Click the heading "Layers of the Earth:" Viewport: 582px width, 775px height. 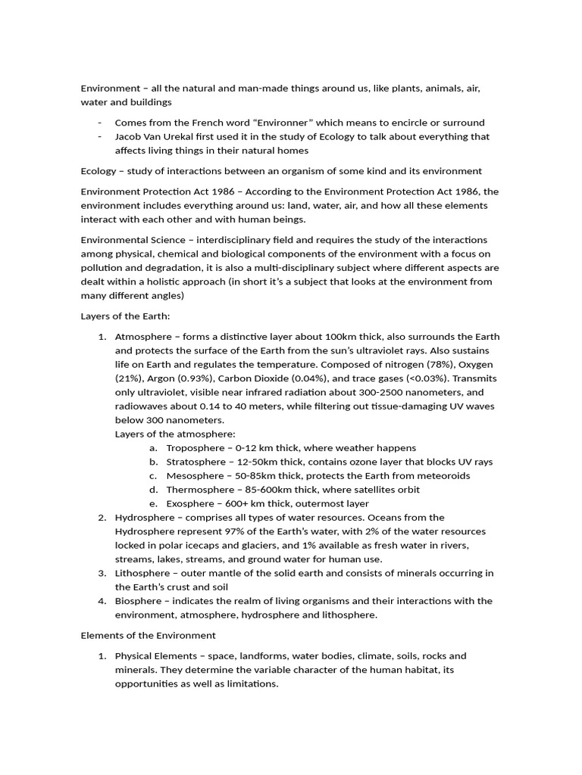coord(126,316)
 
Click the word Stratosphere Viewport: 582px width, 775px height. coord(197,462)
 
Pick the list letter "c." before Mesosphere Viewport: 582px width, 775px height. coord(152,476)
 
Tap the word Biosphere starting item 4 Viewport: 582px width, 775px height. coord(138,601)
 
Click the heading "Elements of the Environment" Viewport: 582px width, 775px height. coord(148,635)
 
